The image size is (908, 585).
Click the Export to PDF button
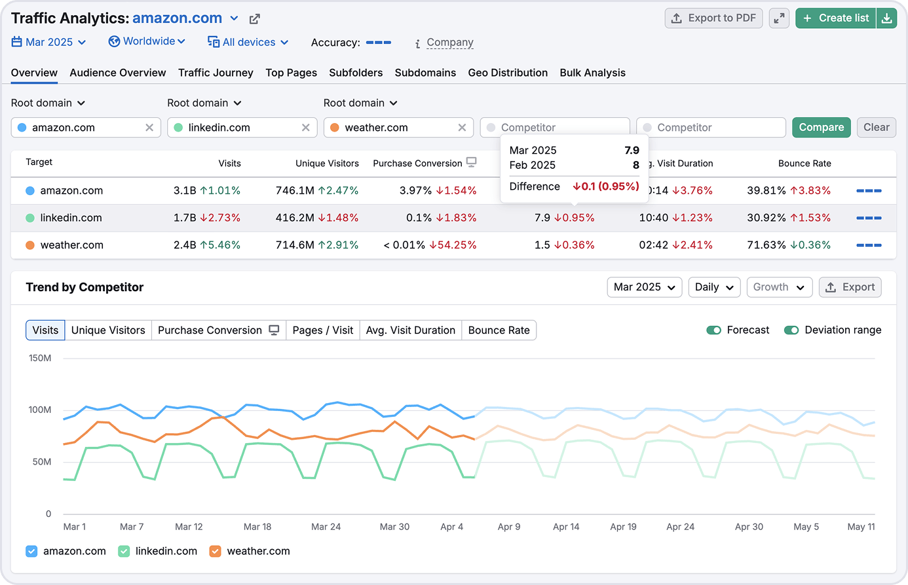coord(714,18)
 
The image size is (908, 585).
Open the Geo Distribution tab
coord(508,73)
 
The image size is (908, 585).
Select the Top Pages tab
coord(291,73)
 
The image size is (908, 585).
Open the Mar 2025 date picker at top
coord(49,42)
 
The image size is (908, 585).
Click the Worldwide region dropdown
coord(147,41)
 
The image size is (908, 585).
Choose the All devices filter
coord(248,42)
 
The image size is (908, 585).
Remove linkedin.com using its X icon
coord(305,128)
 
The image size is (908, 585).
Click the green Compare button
coord(821,128)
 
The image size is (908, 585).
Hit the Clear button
coord(876,128)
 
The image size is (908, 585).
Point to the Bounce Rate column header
coord(804,164)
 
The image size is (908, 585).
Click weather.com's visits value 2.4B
coord(185,245)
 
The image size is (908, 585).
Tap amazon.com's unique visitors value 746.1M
coord(295,191)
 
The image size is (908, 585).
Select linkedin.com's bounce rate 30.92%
coord(766,218)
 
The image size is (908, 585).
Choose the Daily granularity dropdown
coord(714,287)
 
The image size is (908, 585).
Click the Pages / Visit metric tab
coord(322,330)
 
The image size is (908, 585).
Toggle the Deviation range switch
coord(791,330)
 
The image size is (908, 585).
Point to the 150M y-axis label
coord(40,358)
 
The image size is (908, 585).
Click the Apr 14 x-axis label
coord(566,527)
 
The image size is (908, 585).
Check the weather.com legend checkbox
coord(215,551)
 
